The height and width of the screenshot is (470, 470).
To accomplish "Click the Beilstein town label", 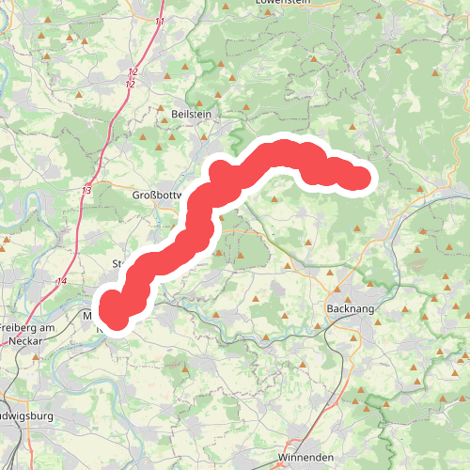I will pyautogui.click(x=193, y=113).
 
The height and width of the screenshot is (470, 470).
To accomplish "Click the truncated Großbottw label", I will pyautogui.click(x=155, y=196).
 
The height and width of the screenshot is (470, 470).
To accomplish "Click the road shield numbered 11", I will pyautogui.click(x=160, y=21).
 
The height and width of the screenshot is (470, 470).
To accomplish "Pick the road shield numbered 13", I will pyautogui.click(x=86, y=191).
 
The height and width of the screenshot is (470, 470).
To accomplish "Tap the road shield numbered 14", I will pyautogui.click(x=61, y=281).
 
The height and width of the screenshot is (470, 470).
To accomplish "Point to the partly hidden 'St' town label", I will pyautogui.click(x=117, y=263).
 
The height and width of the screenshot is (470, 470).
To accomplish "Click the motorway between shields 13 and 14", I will pyautogui.click(x=75, y=235).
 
